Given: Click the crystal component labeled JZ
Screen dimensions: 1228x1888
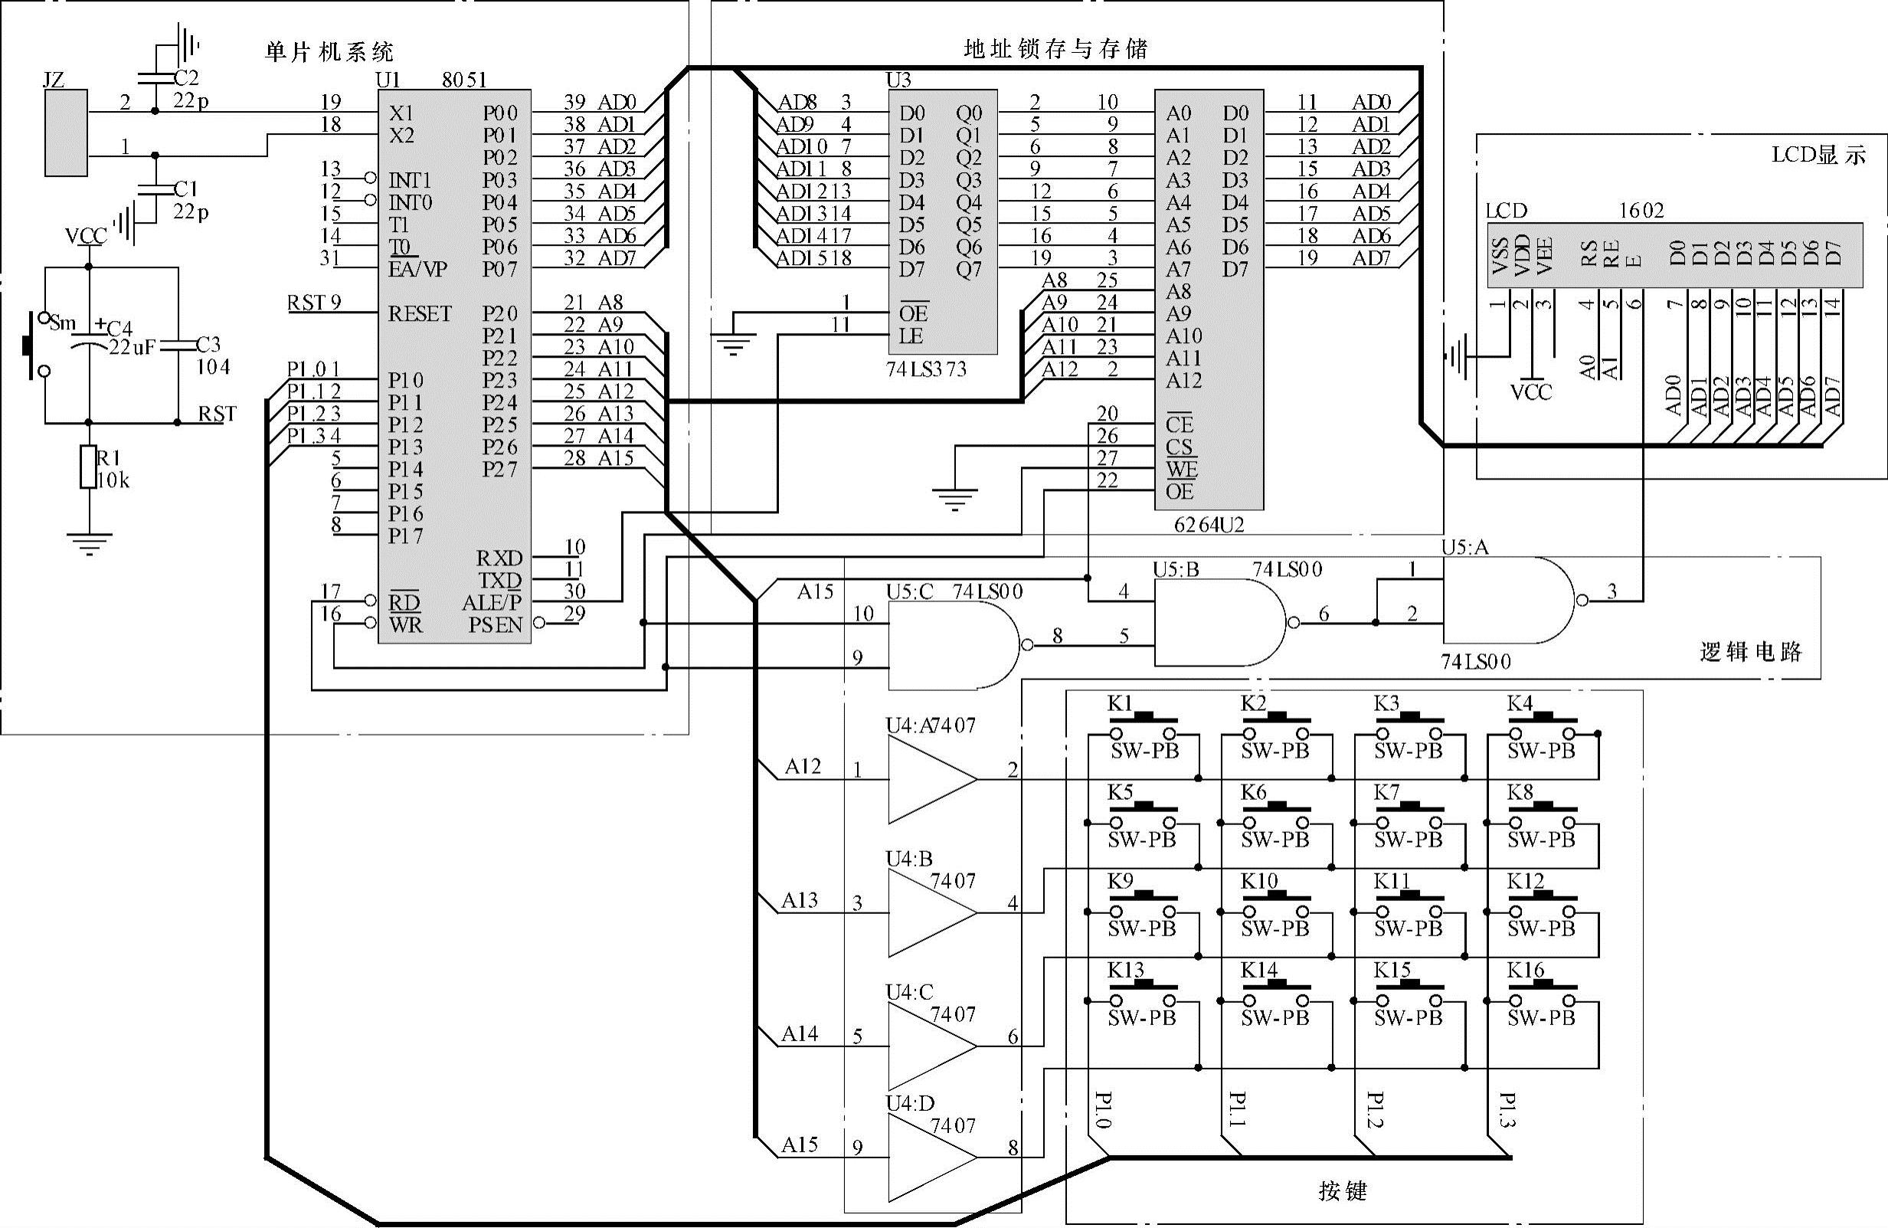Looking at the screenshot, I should [x=66, y=133].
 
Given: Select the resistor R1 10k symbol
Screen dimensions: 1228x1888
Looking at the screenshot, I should [x=89, y=467].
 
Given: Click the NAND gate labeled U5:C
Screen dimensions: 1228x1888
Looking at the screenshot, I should [x=952, y=645].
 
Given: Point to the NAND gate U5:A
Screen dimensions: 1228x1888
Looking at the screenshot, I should [x=1507, y=601].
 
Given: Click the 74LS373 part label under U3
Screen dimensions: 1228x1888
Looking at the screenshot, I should [x=927, y=370].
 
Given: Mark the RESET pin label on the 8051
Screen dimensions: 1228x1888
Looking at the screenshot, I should [x=420, y=314].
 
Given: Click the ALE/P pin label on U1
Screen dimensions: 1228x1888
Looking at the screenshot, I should [x=492, y=603].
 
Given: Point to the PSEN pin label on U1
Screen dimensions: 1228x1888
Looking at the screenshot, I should [x=495, y=625].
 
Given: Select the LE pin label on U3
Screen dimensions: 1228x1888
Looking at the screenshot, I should [x=911, y=336].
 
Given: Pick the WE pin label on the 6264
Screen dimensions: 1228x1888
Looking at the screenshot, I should [x=1181, y=470].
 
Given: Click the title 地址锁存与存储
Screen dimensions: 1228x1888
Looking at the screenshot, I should [x=1055, y=49].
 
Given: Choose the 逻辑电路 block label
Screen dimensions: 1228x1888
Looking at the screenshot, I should [x=1750, y=652].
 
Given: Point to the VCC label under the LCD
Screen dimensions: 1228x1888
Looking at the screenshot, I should [x=1530, y=392].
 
